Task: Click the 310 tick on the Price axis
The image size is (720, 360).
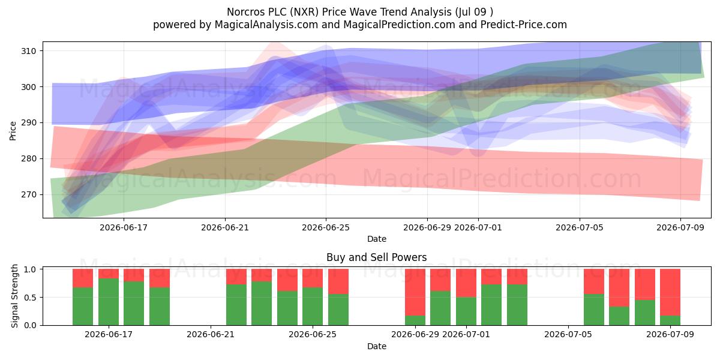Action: coord(29,51)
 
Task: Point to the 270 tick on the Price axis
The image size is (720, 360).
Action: coord(29,194)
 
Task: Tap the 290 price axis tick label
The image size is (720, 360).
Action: coord(29,123)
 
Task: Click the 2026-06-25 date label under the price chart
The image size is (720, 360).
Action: coord(326,227)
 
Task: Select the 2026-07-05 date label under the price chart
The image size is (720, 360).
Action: coord(580,227)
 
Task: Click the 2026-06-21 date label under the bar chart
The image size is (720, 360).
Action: coord(211,334)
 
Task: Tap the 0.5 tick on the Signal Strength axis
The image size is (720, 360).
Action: coord(30,298)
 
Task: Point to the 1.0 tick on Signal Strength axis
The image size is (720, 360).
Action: coord(30,269)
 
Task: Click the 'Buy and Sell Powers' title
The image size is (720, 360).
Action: coord(376,257)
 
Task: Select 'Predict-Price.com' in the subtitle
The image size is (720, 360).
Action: coord(524,25)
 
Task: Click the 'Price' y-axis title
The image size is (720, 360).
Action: coord(13,131)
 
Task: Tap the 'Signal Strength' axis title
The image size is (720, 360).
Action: coord(14,296)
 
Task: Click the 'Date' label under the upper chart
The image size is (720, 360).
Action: coord(377,239)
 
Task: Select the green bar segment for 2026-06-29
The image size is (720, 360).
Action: coord(415,320)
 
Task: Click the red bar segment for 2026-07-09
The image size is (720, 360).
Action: coord(670,292)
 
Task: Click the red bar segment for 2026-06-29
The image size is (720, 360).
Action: coord(415,292)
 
